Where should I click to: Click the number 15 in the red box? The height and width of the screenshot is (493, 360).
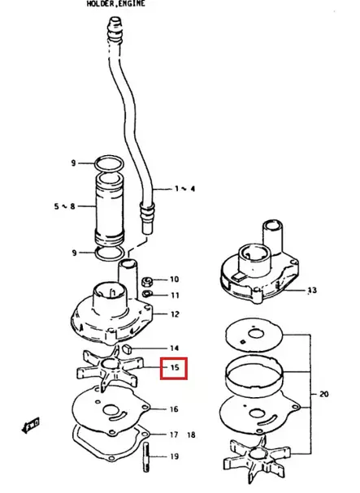coord(175,367)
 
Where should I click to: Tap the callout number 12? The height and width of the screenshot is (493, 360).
coord(175,314)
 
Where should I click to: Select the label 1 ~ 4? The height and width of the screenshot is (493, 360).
coord(184,188)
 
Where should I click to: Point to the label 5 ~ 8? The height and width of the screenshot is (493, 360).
coord(64,206)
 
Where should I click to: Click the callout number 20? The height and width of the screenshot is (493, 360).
coord(323,394)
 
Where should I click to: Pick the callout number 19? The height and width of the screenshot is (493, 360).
coord(175,456)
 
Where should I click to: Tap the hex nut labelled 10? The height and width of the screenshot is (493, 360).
coord(147,281)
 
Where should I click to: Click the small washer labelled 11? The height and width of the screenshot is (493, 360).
coord(147,294)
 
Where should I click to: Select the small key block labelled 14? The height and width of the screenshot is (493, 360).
coord(128,348)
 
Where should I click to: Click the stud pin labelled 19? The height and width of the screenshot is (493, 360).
coord(146,456)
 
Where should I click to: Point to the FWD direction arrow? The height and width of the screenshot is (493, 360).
coord(31,425)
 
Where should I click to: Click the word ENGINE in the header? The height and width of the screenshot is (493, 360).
coord(132,4)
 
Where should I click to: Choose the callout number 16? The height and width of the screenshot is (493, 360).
coord(174,409)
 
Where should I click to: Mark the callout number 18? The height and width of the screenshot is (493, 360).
coord(191,435)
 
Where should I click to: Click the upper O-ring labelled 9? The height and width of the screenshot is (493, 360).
coord(109,163)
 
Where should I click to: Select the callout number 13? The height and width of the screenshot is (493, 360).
coord(312,290)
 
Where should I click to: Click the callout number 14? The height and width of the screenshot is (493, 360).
coord(175,348)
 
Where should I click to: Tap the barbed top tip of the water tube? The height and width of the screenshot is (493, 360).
coord(115,24)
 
